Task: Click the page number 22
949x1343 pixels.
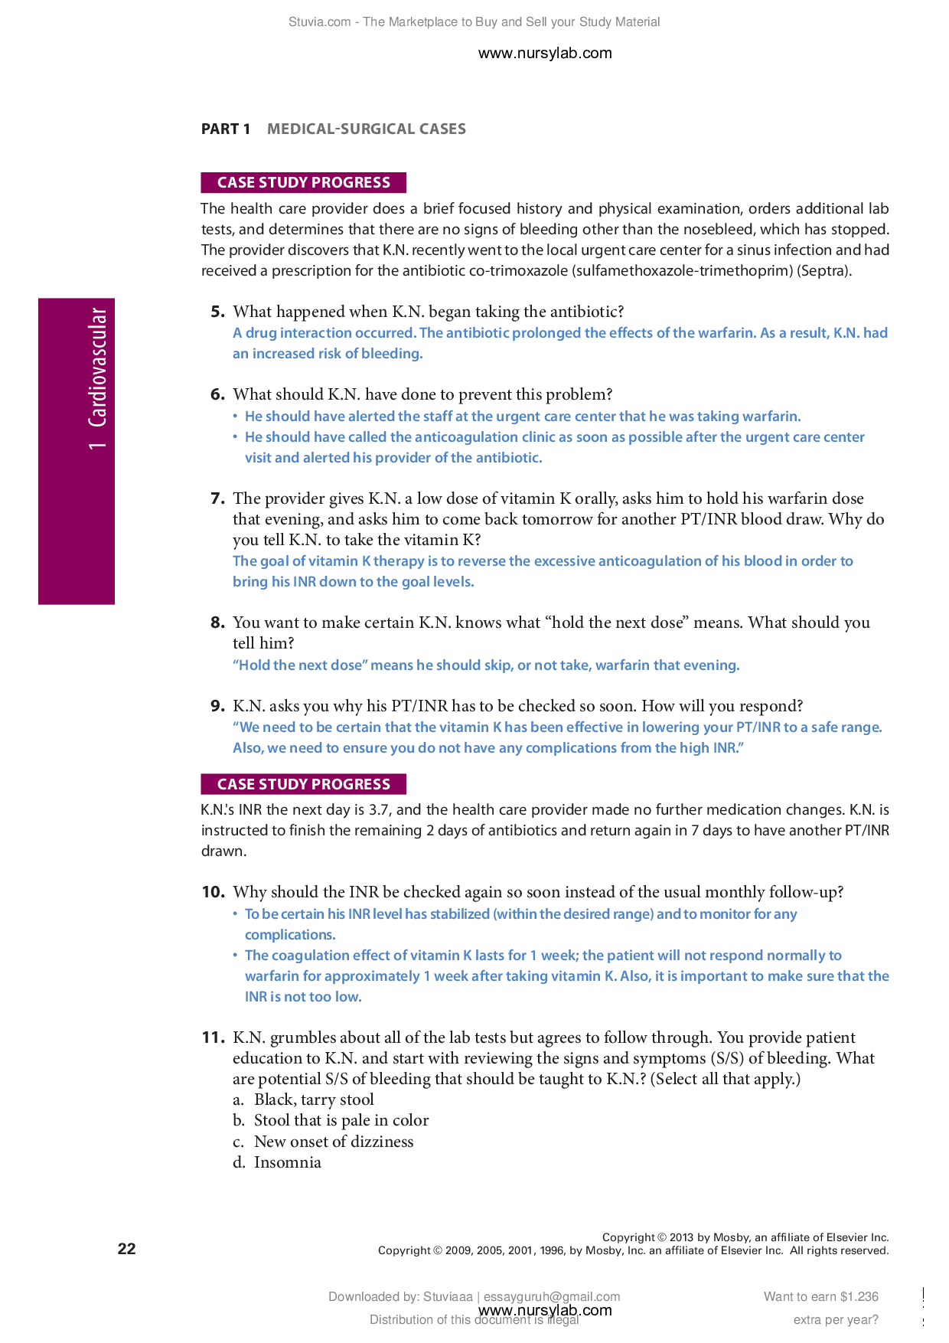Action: tap(126, 1249)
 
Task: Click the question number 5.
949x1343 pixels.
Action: tap(217, 312)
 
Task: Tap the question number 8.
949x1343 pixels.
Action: tap(217, 622)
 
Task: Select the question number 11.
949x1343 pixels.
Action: tap(213, 1037)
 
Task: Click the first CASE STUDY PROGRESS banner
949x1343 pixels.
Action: tap(303, 182)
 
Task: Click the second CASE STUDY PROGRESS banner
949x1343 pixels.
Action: tap(303, 784)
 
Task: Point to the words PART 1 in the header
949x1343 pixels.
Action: tap(225, 129)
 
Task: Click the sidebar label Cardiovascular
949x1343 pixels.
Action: tap(97, 368)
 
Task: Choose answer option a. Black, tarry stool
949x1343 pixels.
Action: tap(303, 1100)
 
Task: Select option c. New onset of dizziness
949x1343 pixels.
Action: tap(323, 1142)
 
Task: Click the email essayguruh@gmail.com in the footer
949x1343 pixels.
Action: tap(551, 1296)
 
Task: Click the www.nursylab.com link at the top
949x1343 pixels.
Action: tap(544, 53)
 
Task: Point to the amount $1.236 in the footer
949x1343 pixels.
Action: tap(859, 1296)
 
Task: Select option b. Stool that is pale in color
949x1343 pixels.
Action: tap(331, 1120)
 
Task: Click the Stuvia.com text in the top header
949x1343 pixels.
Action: tap(319, 22)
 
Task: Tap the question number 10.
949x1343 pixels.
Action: tap(213, 892)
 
